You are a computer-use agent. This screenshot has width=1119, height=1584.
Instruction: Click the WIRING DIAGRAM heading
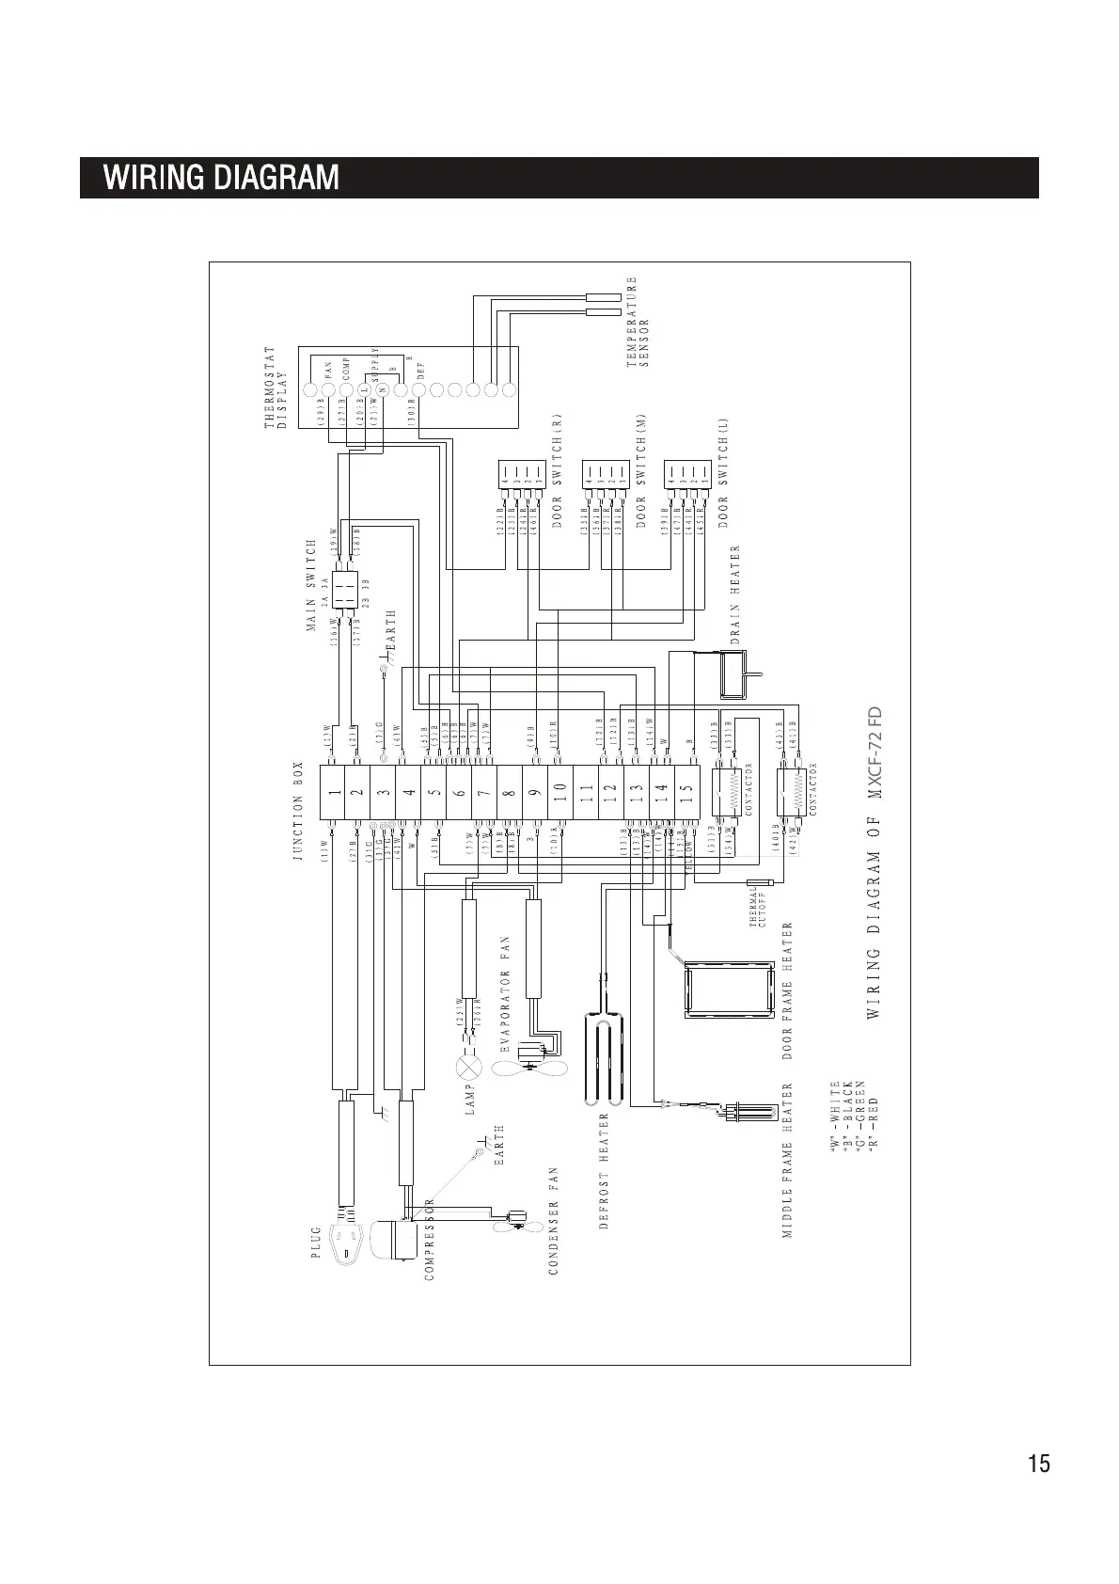222,178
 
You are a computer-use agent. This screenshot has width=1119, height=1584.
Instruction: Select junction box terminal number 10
560,793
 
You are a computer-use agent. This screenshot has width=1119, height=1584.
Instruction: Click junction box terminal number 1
334,793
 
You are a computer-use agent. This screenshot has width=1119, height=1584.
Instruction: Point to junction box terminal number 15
687,793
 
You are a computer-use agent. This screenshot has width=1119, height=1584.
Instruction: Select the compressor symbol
393,1240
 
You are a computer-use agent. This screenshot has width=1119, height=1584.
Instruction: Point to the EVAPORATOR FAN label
506,994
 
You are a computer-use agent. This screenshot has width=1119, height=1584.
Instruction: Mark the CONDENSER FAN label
554,1221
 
